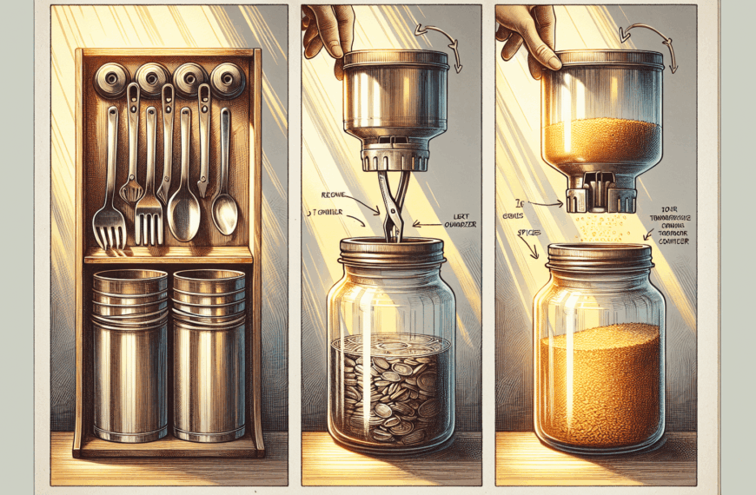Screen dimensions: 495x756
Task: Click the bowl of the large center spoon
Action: pyautogui.click(x=183, y=217)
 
